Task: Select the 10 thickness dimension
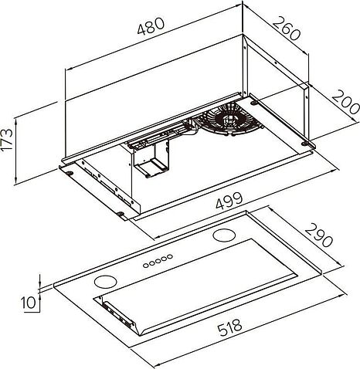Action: pos(29,302)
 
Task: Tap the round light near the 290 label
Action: pos(225,234)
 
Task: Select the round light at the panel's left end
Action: pos(105,280)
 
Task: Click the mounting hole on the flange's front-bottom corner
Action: pos(122,214)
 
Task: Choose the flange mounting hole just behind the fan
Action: pos(254,101)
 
